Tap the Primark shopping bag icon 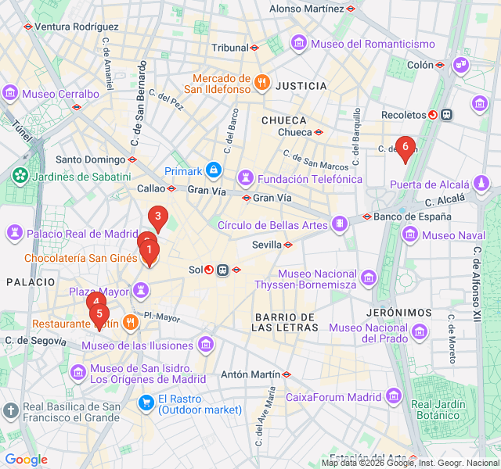click(213, 170)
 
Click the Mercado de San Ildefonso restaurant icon click(262, 79)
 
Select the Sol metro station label click(196, 270)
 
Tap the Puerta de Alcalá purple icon click(482, 184)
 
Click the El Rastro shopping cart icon click(146, 403)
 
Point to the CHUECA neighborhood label click(283, 120)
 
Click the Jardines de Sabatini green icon click(19, 177)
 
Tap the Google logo click(26, 460)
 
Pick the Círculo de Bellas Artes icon click(340, 225)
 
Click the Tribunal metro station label click(229, 48)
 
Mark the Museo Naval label click(453, 234)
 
